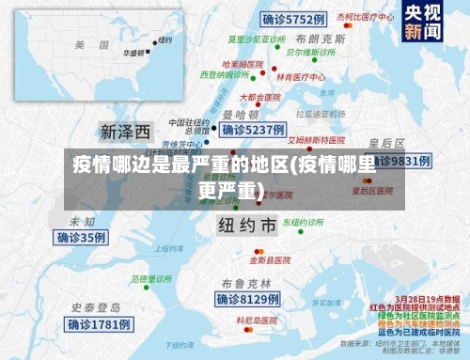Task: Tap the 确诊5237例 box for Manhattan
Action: click(251, 129)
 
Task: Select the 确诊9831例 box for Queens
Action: click(399, 161)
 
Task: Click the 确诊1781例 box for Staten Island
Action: click(100, 324)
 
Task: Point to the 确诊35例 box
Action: click(82, 238)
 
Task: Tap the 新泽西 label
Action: click(125, 130)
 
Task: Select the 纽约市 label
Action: click(247, 226)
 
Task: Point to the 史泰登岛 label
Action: click(97, 307)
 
